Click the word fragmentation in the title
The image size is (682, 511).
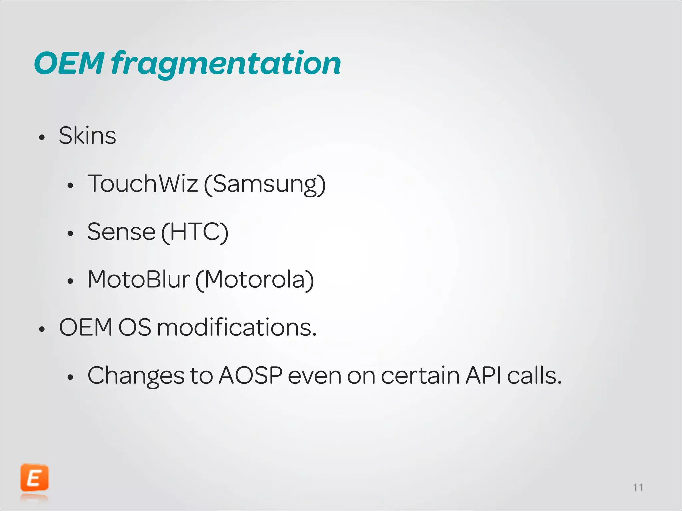point(226,63)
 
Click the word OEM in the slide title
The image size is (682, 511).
point(69,63)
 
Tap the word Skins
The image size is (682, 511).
point(87,136)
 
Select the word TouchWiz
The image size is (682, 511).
point(143,184)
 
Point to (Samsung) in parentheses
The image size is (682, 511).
point(265,184)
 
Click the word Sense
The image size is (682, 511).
point(121,232)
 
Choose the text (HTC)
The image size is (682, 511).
point(195,232)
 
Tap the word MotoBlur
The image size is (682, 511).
point(139,279)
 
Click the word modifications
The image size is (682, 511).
point(236,327)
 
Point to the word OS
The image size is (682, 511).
point(135,327)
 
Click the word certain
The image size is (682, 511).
point(420,375)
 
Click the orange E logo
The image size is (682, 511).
point(34,478)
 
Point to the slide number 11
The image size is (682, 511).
point(638,488)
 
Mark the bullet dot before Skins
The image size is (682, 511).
point(42,137)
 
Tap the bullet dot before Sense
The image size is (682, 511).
point(70,234)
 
